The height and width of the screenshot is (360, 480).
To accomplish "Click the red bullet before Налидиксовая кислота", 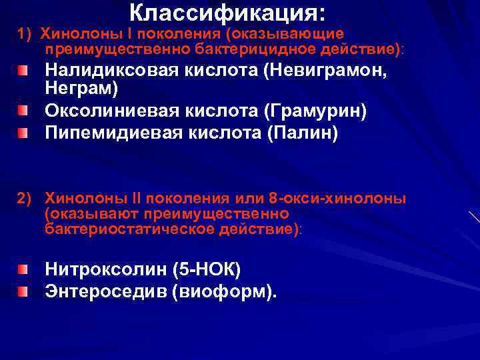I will (x=23, y=70).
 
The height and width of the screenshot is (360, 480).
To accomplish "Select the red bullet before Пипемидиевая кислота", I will (x=23, y=133).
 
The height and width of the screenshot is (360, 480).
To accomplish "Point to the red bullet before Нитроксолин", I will (x=23, y=269).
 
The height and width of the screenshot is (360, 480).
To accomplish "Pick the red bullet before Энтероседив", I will (x=23, y=292).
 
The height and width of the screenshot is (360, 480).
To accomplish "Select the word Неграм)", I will (x=81, y=87).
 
